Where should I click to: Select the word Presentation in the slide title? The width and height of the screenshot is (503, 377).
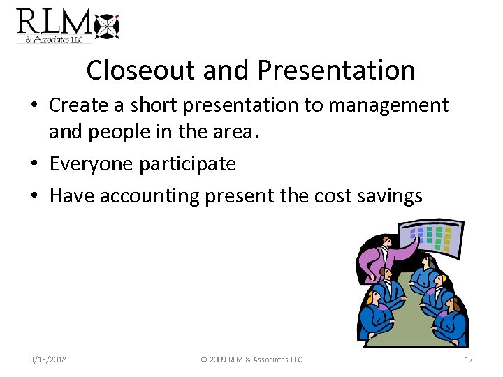pos(336,70)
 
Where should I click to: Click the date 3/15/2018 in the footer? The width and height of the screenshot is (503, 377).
pos(44,360)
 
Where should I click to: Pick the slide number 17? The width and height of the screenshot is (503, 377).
pos(469,360)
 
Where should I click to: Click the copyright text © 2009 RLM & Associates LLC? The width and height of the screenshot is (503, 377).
pos(251,360)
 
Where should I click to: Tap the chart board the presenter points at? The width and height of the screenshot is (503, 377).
pos(432,238)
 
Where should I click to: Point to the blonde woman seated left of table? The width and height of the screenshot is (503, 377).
pos(377,311)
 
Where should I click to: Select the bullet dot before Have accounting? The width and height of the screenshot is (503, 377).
pos(35,197)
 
